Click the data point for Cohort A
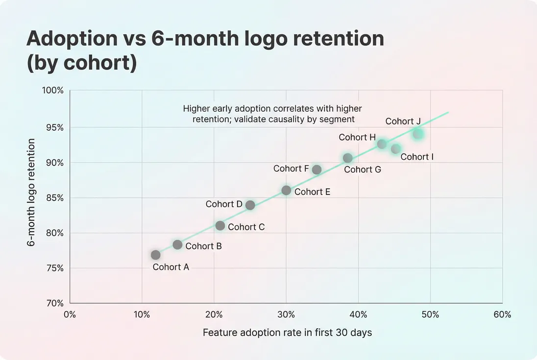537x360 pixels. pos(156,255)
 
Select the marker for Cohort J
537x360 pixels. pos(417,134)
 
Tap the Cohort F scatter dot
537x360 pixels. pos(317,169)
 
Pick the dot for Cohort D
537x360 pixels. pos(250,205)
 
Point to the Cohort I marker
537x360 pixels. pos(396,149)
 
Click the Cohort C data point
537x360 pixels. pos(220,226)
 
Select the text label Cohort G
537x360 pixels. pos(362,169)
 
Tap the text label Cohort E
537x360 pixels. pos(312,192)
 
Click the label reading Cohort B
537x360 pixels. pos(203,246)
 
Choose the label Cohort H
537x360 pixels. pos(357,137)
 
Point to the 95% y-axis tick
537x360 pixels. pos(55,128)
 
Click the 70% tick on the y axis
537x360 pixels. pos(55,303)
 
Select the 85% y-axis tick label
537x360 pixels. pos(55,198)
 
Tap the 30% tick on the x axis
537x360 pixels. pos(286,314)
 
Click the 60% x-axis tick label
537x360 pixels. pos(502,314)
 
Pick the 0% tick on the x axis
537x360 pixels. pos(70,314)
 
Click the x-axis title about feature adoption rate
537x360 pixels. pos(287,333)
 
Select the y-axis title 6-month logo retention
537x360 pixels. pos(31,192)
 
